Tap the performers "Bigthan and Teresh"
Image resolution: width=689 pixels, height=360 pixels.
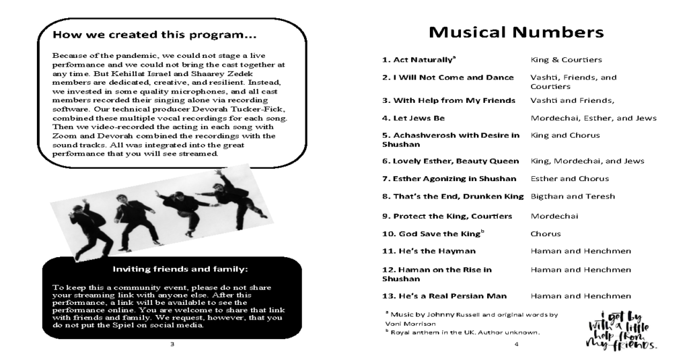(x=573, y=196)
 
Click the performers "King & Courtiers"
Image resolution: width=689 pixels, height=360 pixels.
(x=566, y=60)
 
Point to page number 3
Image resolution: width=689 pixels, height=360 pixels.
(x=173, y=345)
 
